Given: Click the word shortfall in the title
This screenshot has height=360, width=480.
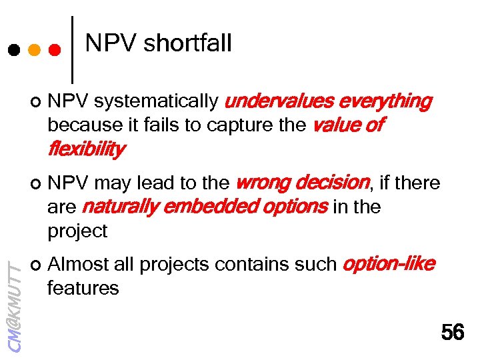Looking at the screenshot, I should pyautogui.click(x=187, y=44).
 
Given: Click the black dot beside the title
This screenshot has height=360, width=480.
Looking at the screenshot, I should pyautogui.click(x=13, y=49).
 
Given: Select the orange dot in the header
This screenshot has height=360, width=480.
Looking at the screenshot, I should pyautogui.click(x=34, y=49).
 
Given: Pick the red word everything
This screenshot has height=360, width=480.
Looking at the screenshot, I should pyautogui.click(x=385, y=101).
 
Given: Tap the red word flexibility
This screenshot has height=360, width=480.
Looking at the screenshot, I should pyautogui.click(x=85, y=149).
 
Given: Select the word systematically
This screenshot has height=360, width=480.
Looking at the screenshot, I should pyautogui.click(x=156, y=101).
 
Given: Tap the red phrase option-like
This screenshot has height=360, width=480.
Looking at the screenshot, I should pyautogui.click(x=388, y=265).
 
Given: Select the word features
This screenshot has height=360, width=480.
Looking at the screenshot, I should pyautogui.click(x=83, y=289).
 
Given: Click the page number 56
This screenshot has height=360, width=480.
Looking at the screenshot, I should pyautogui.click(x=453, y=331).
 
